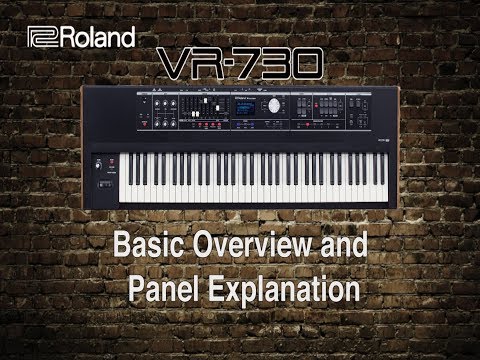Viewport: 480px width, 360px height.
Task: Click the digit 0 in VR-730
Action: pyautogui.click(x=309, y=67)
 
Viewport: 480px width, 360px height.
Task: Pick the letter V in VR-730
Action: pyautogui.click(x=178, y=67)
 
